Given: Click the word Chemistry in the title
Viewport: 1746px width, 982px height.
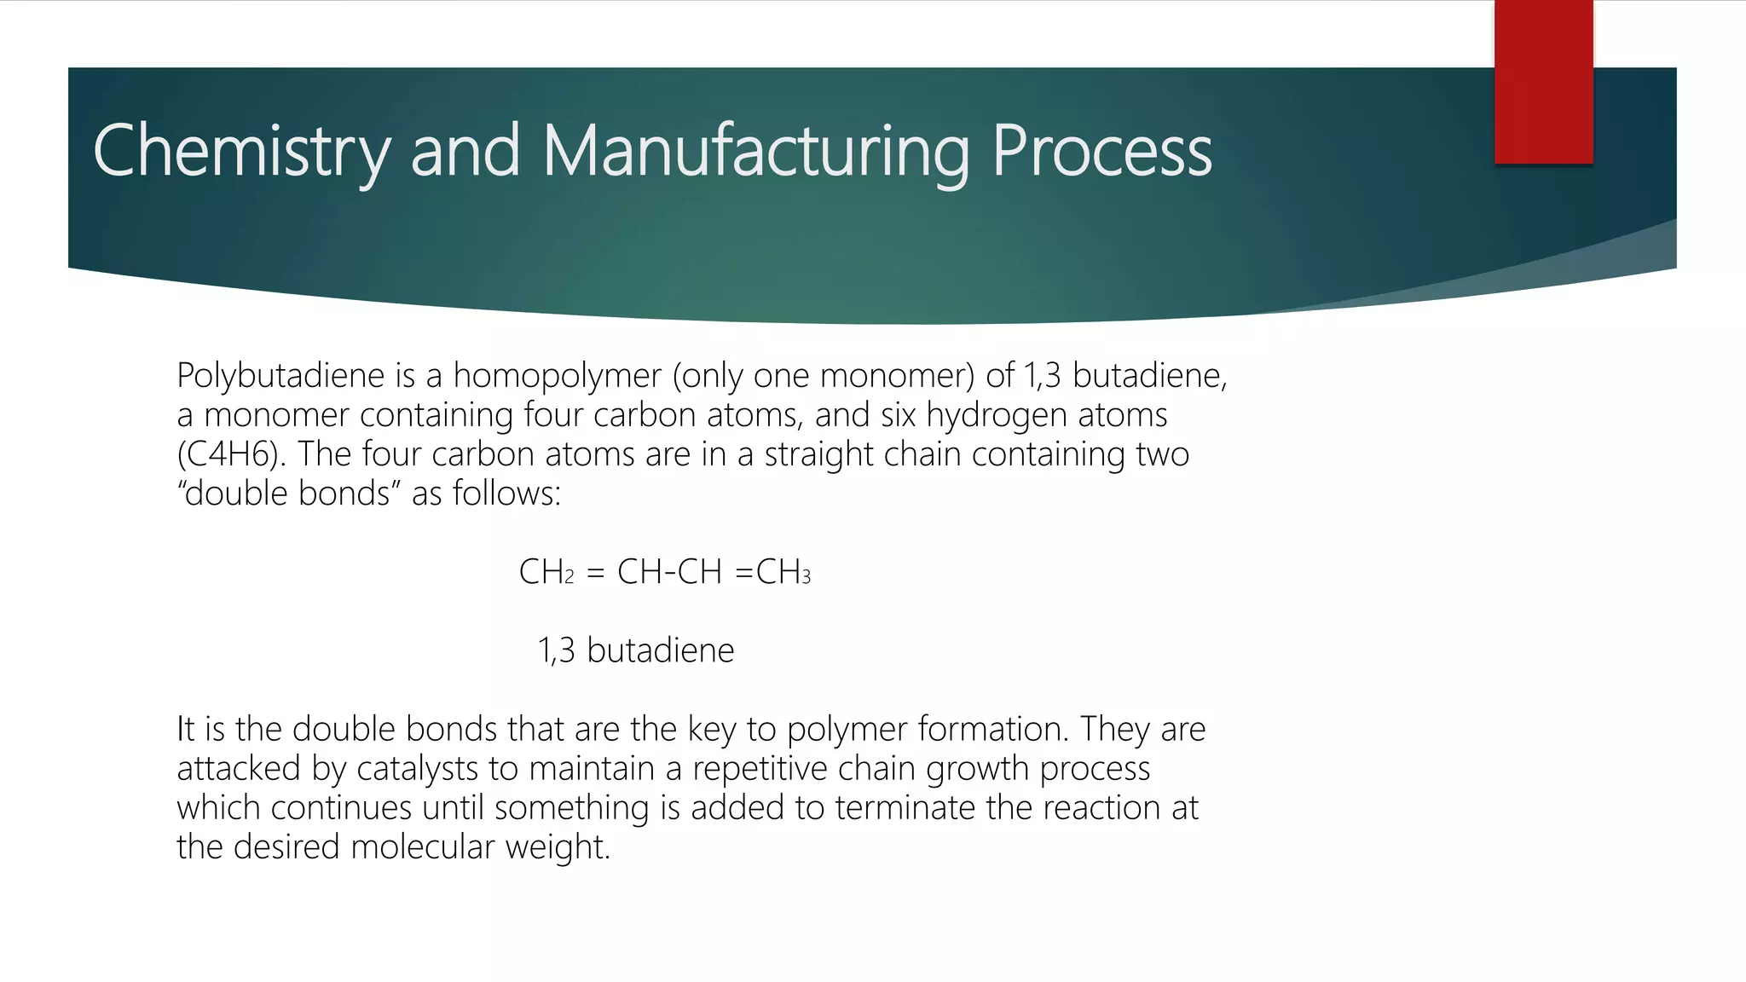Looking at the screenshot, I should (241, 152).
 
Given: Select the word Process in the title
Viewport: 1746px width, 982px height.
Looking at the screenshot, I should (1101, 152).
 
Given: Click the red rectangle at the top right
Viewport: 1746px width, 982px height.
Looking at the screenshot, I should (1543, 82).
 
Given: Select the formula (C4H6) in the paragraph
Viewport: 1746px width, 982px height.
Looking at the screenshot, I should (228, 454).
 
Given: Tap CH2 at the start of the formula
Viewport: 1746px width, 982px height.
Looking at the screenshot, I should (546, 572).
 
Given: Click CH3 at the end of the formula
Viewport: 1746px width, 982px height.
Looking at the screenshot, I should (783, 572).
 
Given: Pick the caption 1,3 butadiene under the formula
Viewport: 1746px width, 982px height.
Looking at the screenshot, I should (636, 650).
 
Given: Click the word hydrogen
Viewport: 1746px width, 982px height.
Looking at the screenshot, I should (997, 415).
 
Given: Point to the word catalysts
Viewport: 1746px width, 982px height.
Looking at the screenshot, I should (417, 769).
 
